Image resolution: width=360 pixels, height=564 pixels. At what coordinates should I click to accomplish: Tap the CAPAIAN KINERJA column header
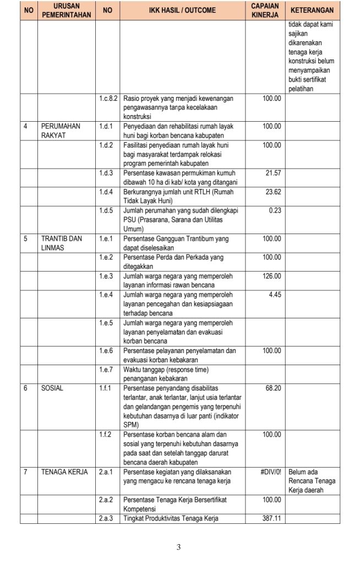click(x=265, y=10)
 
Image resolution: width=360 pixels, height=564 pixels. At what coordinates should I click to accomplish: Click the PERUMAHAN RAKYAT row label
click(x=61, y=131)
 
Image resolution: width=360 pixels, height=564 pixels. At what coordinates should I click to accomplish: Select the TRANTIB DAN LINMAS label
click(x=61, y=243)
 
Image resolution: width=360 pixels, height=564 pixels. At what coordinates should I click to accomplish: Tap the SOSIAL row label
click(x=52, y=388)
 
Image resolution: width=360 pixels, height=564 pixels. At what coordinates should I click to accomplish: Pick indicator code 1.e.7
click(x=105, y=369)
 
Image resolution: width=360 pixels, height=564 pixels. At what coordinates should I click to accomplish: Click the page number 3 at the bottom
click(x=179, y=547)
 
